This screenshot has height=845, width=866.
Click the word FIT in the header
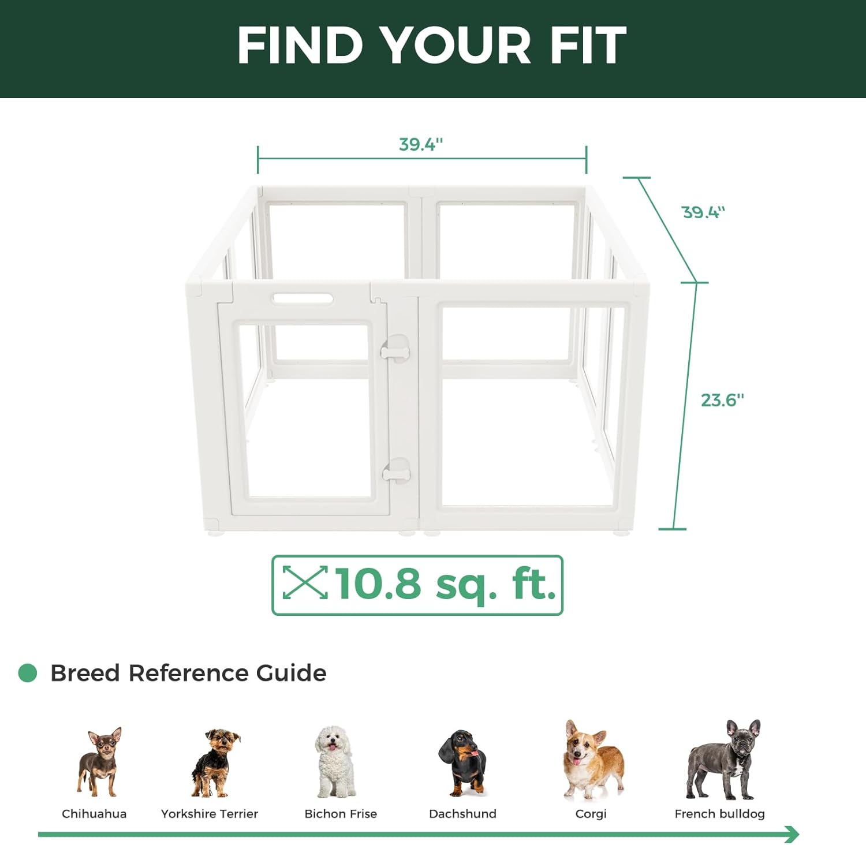[588, 46]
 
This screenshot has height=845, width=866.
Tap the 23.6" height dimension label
[722, 400]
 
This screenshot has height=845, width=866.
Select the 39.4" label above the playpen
[421, 144]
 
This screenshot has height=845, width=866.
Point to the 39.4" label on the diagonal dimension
[703, 212]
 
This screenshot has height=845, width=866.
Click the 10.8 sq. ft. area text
[445, 584]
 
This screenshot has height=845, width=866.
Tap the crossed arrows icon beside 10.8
[305, 582]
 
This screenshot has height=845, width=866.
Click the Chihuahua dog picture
[100, 761]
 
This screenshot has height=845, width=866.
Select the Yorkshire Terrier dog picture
[215, 762]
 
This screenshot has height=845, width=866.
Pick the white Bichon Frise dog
[335, 761]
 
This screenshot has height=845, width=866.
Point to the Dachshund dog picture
[463, 762]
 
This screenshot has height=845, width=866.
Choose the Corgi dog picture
[592, 759]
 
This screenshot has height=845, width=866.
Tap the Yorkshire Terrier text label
[209, 814]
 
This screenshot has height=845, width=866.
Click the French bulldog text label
[719, 814]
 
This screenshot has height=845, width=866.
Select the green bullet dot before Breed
[28, 673]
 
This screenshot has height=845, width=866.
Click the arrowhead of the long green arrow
[792, 834]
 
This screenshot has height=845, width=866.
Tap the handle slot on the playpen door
[303, 298]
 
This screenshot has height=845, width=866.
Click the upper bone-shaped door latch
[395, 350]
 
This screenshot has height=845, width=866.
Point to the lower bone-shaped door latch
[397, 474]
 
